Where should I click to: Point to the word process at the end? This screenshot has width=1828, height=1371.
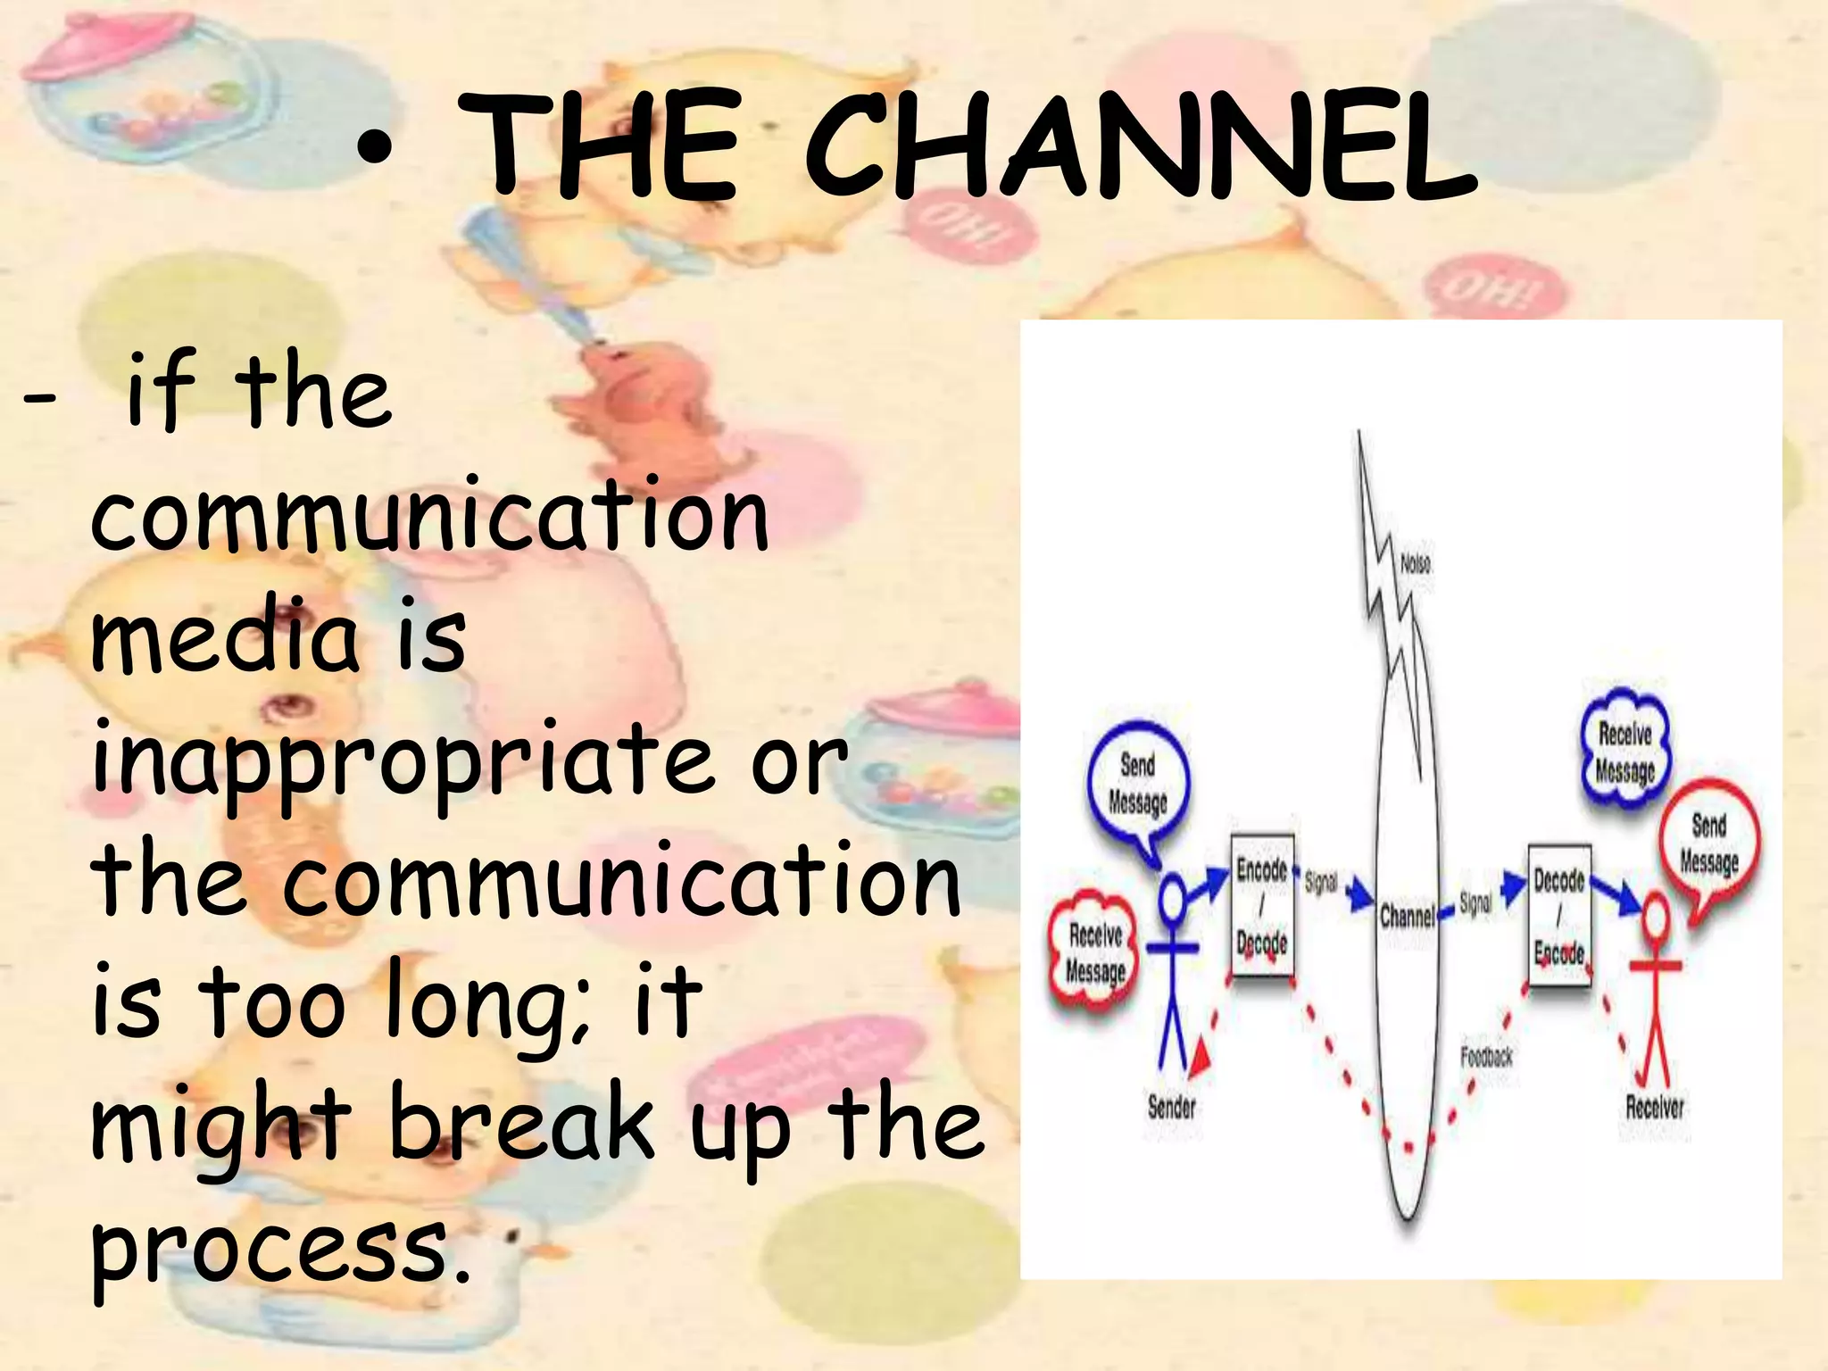point(268,1245)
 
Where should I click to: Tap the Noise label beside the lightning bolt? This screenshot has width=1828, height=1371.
point(1416,564)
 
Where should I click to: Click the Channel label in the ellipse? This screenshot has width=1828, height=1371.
point(1406,916)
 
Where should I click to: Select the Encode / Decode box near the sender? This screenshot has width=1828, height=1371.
point(1262,905)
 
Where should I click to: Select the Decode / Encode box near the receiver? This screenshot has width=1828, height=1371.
point(1558,916)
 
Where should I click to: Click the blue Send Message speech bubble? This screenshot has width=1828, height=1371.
point(1137,782)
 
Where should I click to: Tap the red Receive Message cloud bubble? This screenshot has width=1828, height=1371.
point(1095,951)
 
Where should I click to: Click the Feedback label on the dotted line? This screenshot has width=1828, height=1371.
point(1486,1057)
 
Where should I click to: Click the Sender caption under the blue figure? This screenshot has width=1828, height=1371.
point(1171,1108)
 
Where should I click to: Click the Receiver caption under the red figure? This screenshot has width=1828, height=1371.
point(1654,1108)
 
